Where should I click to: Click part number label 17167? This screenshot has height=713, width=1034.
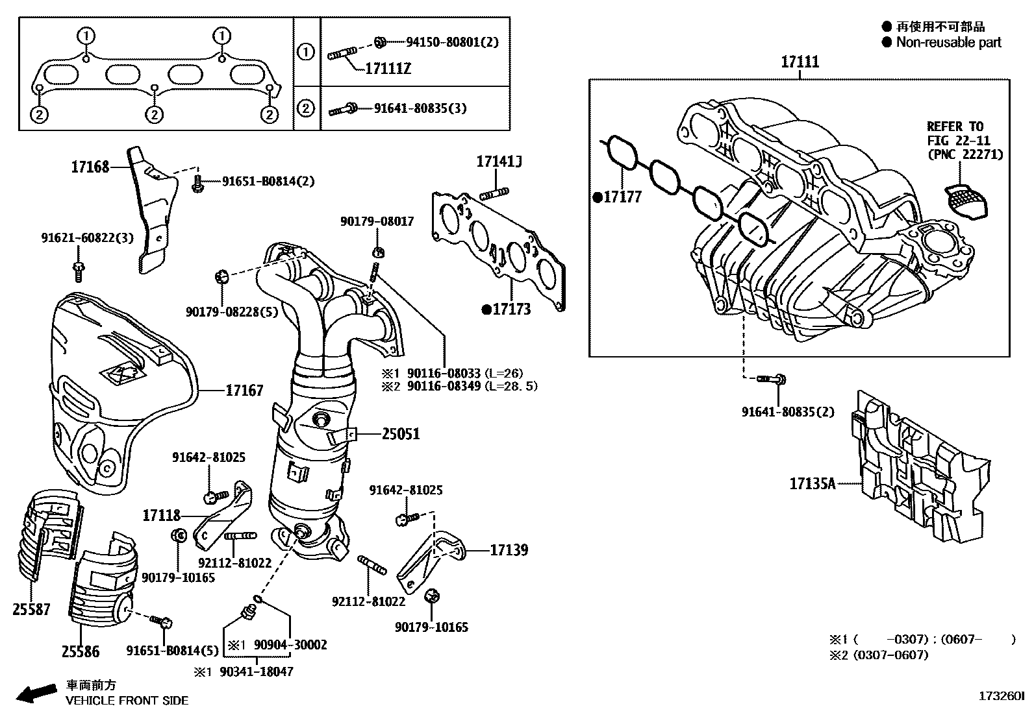244,391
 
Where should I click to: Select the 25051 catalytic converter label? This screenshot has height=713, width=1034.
401,434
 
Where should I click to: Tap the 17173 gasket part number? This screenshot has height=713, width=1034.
511,309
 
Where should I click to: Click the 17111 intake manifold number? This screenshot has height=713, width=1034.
800,62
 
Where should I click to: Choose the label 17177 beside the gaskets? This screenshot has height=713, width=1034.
622,197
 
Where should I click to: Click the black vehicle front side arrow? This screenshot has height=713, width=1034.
35,694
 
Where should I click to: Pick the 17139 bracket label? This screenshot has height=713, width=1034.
509,550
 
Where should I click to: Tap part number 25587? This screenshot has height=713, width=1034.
31,609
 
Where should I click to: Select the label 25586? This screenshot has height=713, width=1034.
81,651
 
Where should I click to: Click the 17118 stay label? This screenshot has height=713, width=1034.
161,516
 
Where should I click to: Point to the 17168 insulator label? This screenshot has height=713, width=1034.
90,168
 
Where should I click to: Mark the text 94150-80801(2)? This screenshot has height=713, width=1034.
452,42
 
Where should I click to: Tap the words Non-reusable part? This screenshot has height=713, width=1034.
948,43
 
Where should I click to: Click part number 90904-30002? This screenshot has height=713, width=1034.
290,645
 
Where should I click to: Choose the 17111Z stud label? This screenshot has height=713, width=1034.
388,68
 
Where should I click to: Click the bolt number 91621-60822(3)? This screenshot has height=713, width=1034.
88,238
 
